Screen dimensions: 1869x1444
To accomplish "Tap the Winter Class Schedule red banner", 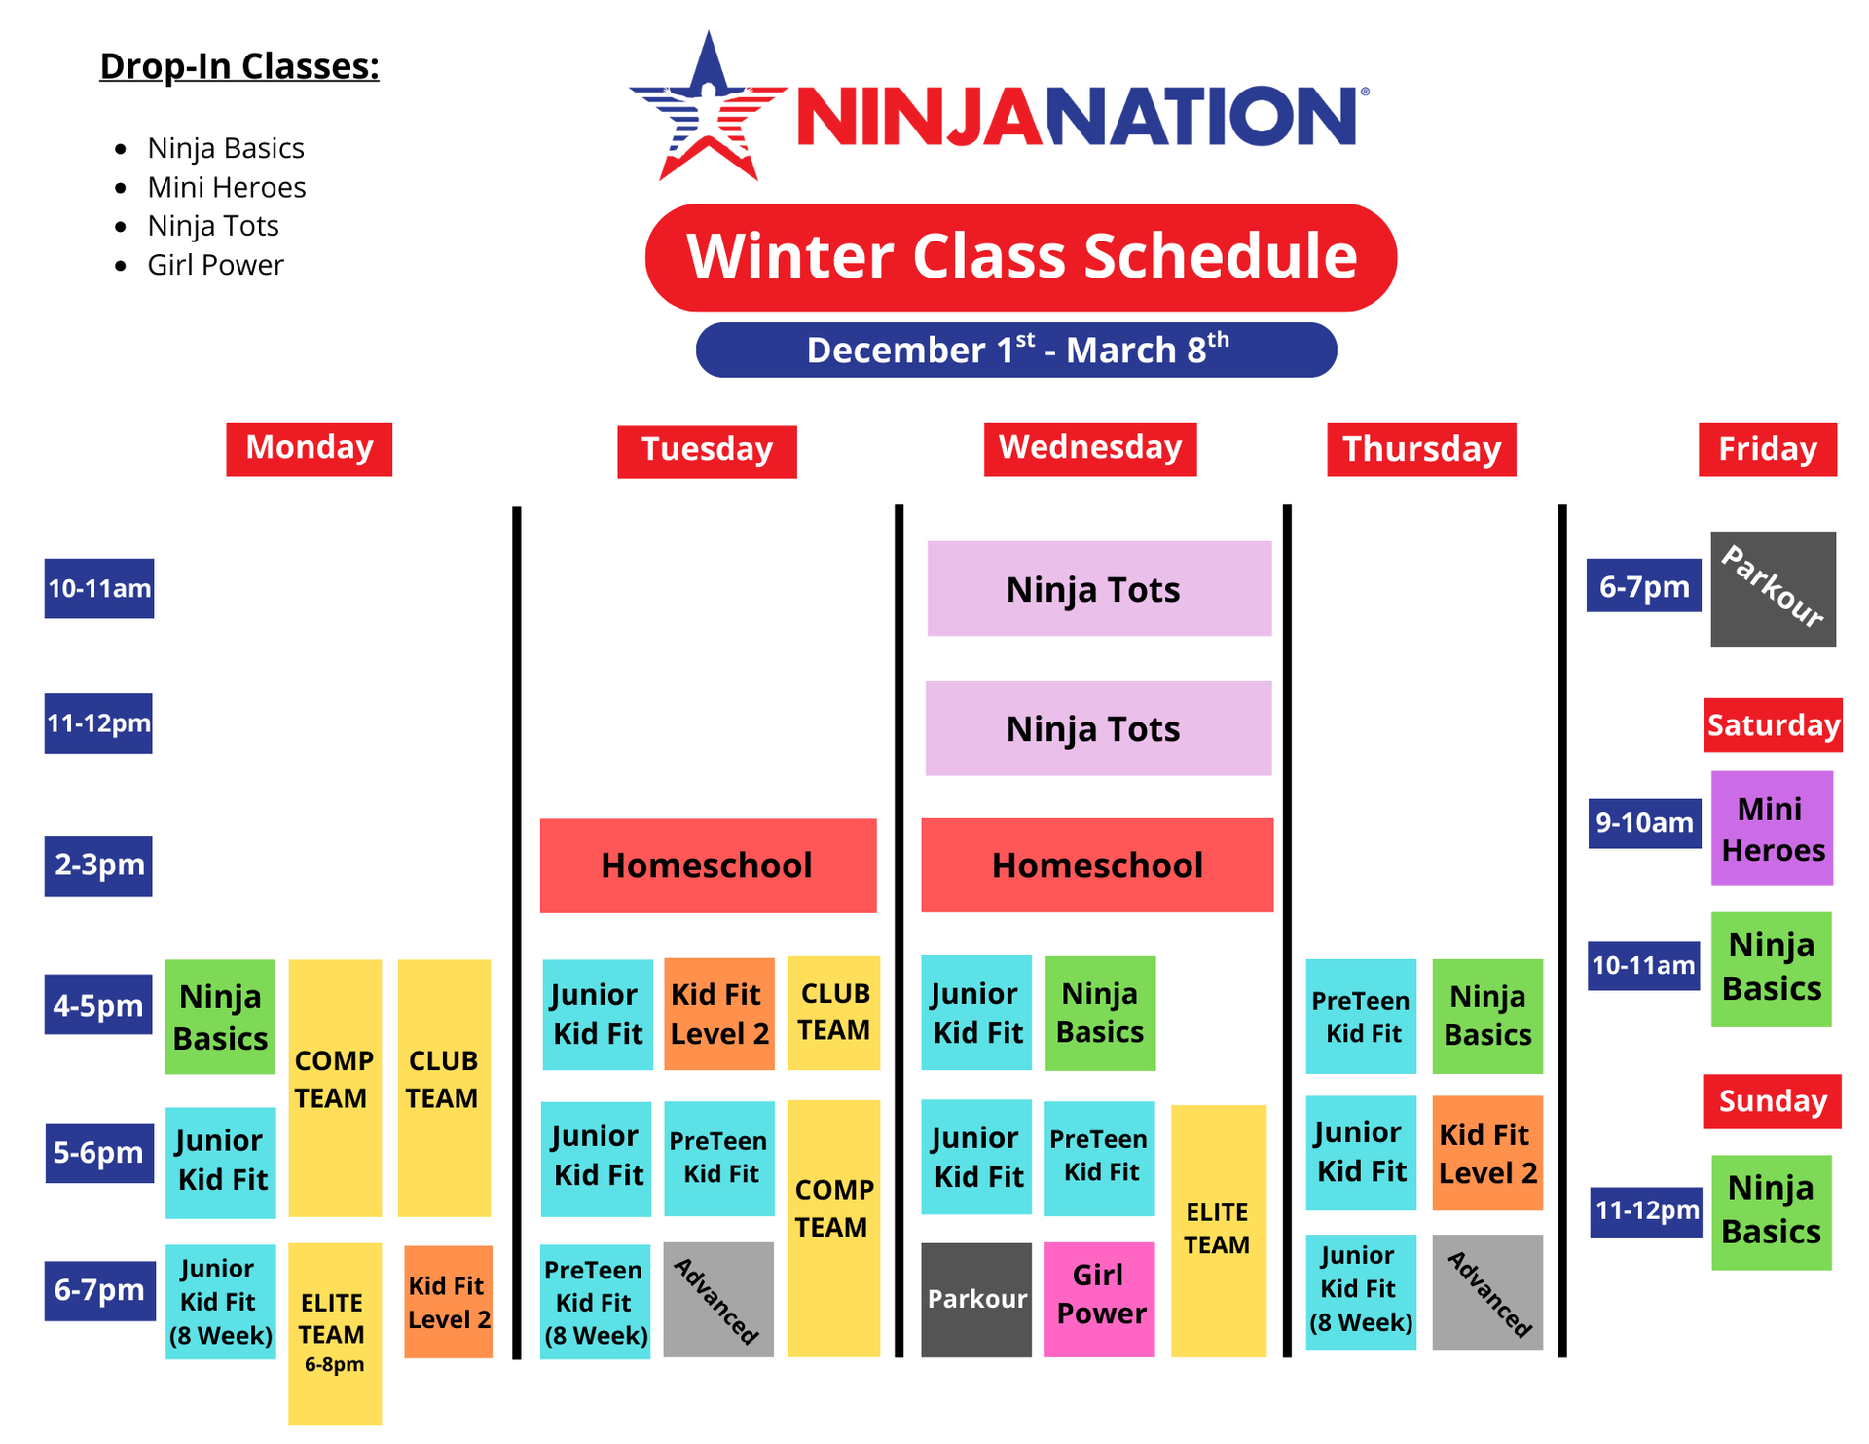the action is click(x=1021, y=257).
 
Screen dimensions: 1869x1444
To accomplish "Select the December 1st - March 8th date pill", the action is click(x=1016, y=350).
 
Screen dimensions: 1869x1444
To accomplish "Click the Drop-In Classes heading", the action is click(x=239, y=66).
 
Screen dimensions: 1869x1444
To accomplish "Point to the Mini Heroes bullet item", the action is click(x=226, y=187).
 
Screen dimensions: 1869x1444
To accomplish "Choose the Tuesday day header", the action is click(x=707, y=451).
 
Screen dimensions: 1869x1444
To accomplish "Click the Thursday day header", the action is click(x=1421, y=450).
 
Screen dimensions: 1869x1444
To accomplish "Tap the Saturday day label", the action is click(x=1773, y=725).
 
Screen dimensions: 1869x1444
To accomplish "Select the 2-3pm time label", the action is click(x=98, y=866).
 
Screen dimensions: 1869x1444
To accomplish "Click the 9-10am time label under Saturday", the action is click(x=1644, y=824).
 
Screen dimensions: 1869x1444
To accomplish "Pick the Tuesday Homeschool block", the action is click(x=708, y=866).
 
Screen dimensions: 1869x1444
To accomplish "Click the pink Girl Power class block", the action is click(x=1100, y=1300).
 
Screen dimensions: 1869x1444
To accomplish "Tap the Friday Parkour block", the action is click(x=1774, y=589).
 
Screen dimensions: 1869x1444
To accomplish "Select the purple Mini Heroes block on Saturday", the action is click(x=1772, y=829).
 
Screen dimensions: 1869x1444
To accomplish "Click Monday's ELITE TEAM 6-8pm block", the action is click(x=334, y=1334).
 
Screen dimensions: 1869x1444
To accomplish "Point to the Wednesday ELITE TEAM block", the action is click(x=1218, y=1231).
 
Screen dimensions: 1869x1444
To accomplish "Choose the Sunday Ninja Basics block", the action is click(x=1772, y=1212).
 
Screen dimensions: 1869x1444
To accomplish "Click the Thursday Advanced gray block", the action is click(x=1487, y=1292).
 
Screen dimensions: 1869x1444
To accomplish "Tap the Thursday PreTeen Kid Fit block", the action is click(x=1361, y=1017).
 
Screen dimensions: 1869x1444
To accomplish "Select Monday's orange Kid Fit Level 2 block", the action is click(x=448, y=1302).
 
